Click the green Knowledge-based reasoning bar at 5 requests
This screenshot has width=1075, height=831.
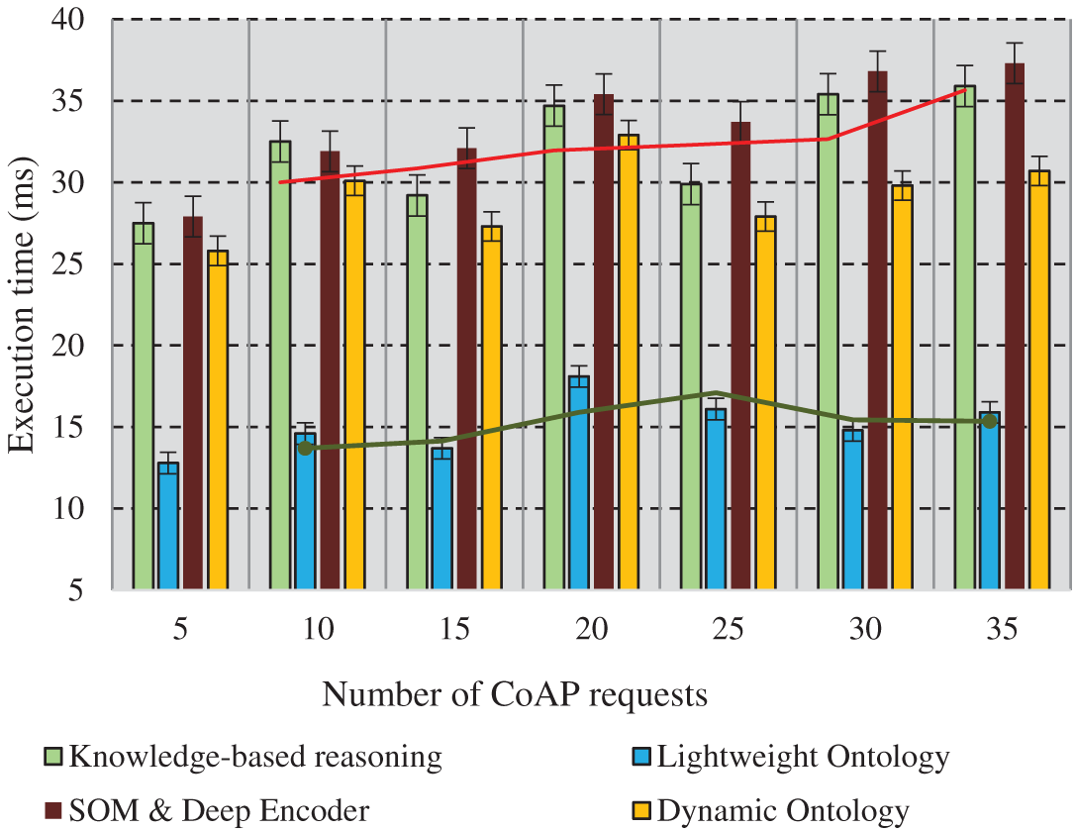(x=144, y=406)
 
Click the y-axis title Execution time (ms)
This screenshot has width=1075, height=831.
(x=22, y=305)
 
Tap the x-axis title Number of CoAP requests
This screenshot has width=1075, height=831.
(x=515, y=695)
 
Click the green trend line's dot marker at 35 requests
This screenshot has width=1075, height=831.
(x=989, y=421)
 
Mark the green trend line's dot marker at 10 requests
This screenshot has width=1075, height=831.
(x=305, y=448)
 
